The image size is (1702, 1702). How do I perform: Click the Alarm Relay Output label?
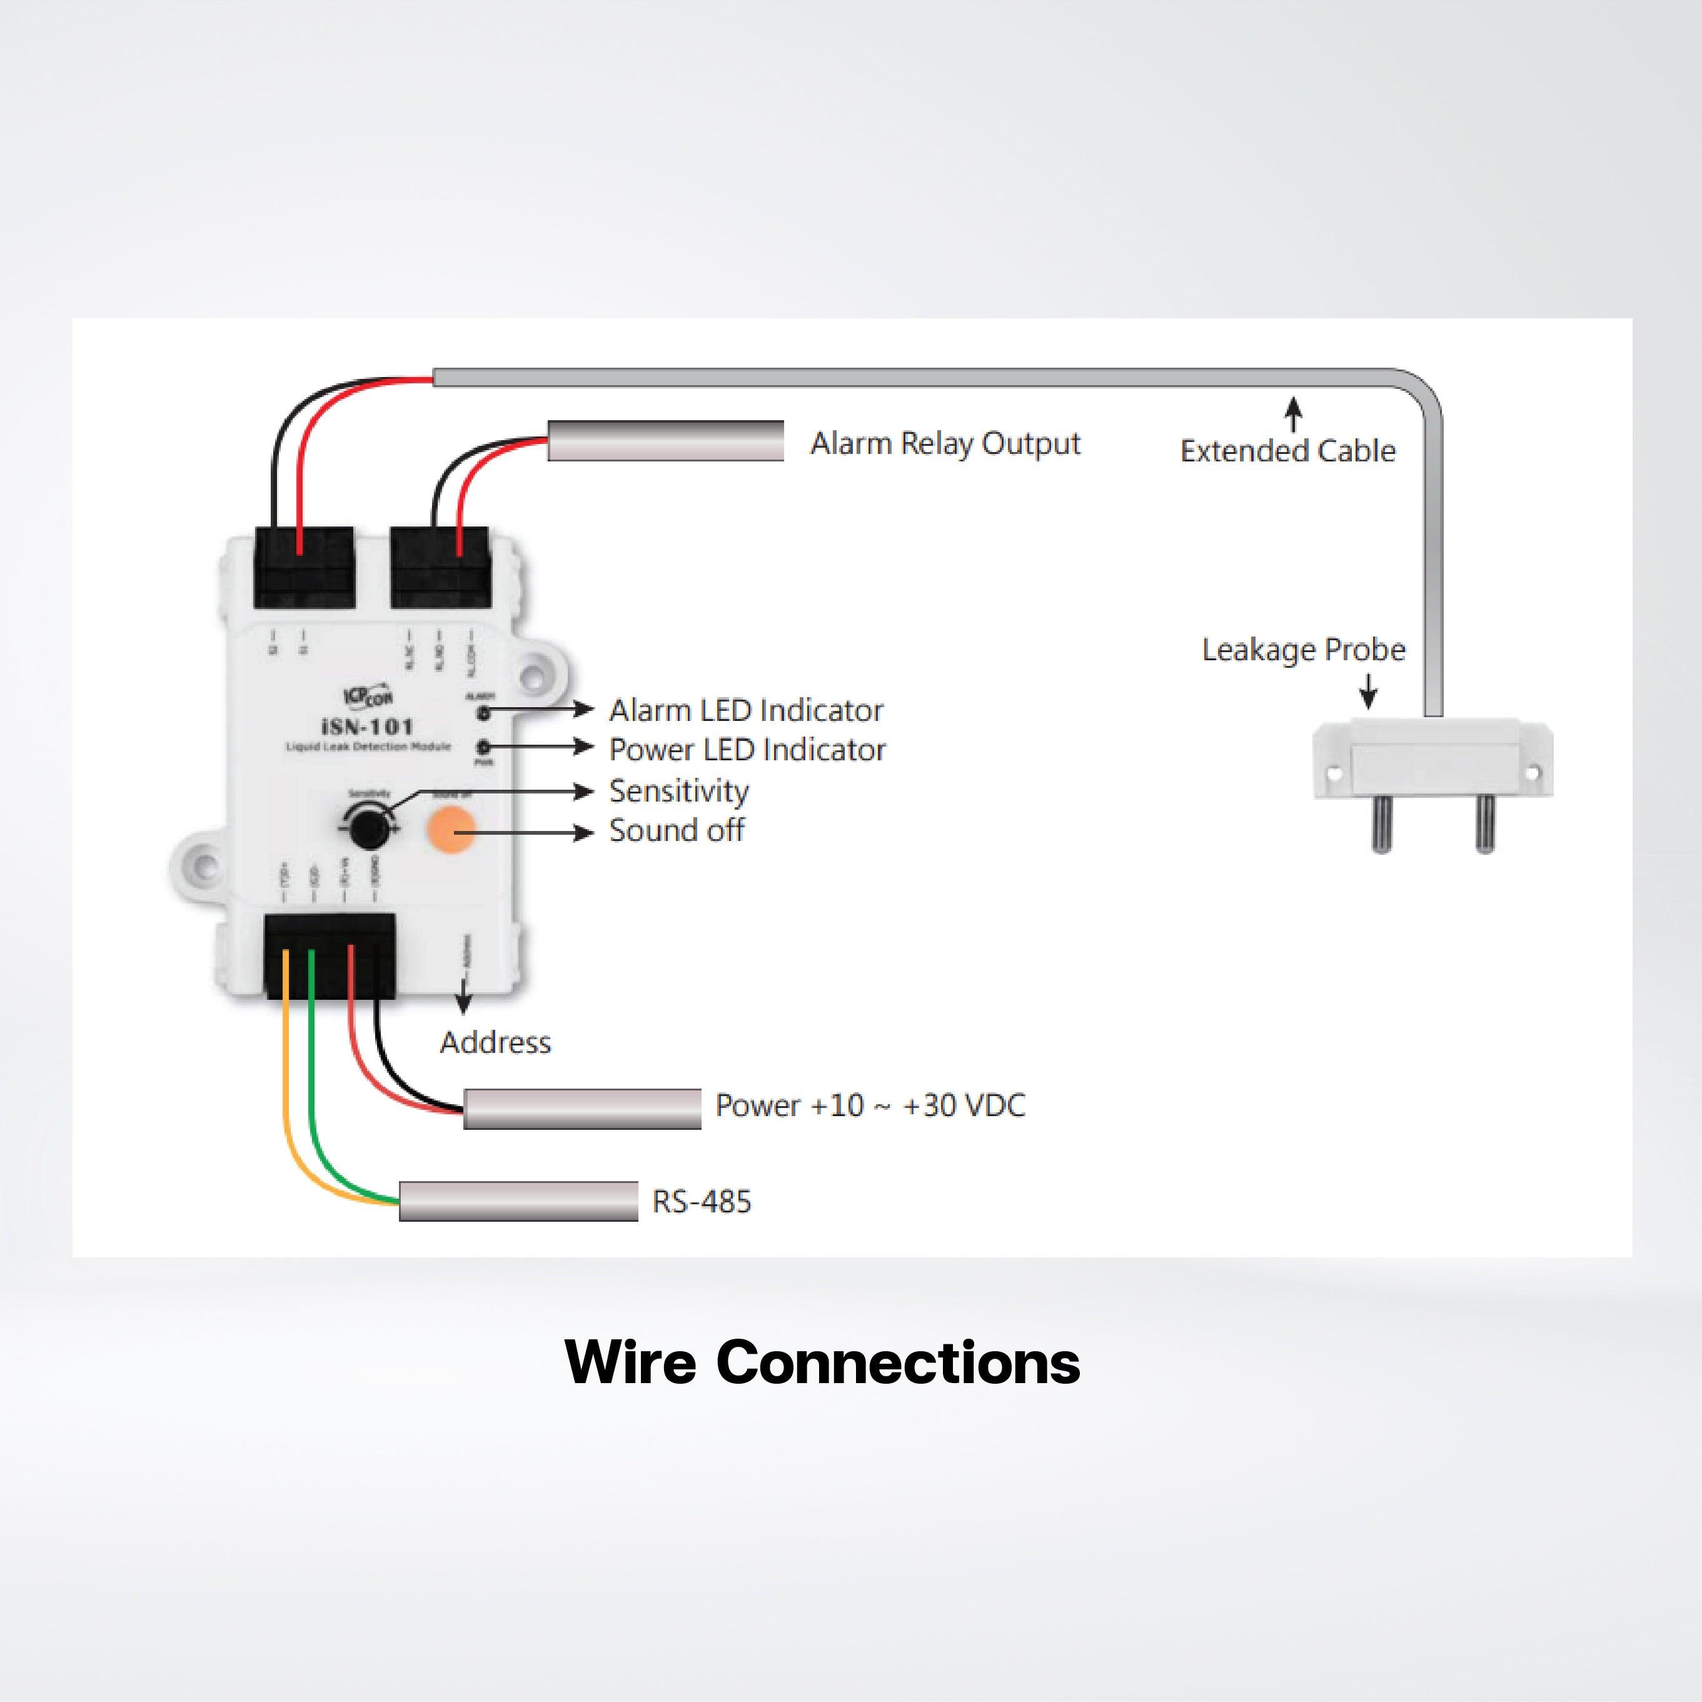[x=944, y=443]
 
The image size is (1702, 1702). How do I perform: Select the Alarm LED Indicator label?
[x=745, y=710]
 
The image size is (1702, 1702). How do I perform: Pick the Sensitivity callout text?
[x=678, y=790]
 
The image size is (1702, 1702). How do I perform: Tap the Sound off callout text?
[x=677, y=830]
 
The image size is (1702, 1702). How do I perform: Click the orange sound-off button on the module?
[x=451, y=830]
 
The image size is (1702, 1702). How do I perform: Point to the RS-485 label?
[x=701, y=1202]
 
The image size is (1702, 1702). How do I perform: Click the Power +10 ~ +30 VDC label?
[x=870, y=1105]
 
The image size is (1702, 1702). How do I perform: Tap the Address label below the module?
[x=495, y=1042]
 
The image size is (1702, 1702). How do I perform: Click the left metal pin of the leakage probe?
[x=1381, y=823]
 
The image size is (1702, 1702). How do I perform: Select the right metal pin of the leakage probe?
[x=1485, y=823]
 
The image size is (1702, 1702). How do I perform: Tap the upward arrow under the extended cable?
[x=1293, y=414]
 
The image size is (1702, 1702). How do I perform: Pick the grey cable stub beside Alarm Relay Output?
[x=665, y=440]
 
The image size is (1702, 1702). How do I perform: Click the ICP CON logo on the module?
[x=368, y=695]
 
